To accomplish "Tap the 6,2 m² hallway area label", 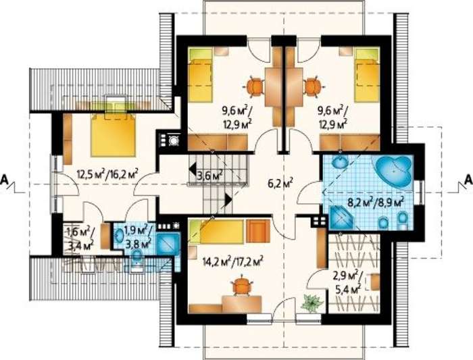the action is point(280,183).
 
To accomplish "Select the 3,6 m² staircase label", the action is point(210,174).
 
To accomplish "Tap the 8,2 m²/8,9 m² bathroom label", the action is point(376,202).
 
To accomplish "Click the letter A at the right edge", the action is point(468,180).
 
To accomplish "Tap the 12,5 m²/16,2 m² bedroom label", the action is point(107,174).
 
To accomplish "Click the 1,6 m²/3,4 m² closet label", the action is point(80,238).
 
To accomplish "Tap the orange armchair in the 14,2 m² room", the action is point(258,231).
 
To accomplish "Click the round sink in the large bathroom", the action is point(340,163).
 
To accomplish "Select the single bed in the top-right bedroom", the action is point(367,75).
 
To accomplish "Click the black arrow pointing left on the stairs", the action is point(192,168).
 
